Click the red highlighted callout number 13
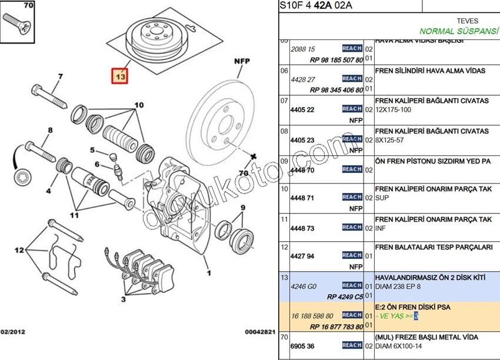(x=120, y=76)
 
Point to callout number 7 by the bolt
(x=59, y=76)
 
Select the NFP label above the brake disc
(x=242, y=61)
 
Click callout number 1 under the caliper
(x=208, y=273)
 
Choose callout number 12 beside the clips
(x=19, y=250)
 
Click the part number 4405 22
(x=302, y=110)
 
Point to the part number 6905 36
(x=302, y=346)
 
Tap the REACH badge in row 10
(x=352, y=197)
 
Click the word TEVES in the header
(x=467, y=21)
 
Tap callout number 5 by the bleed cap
(x=92, y=150)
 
